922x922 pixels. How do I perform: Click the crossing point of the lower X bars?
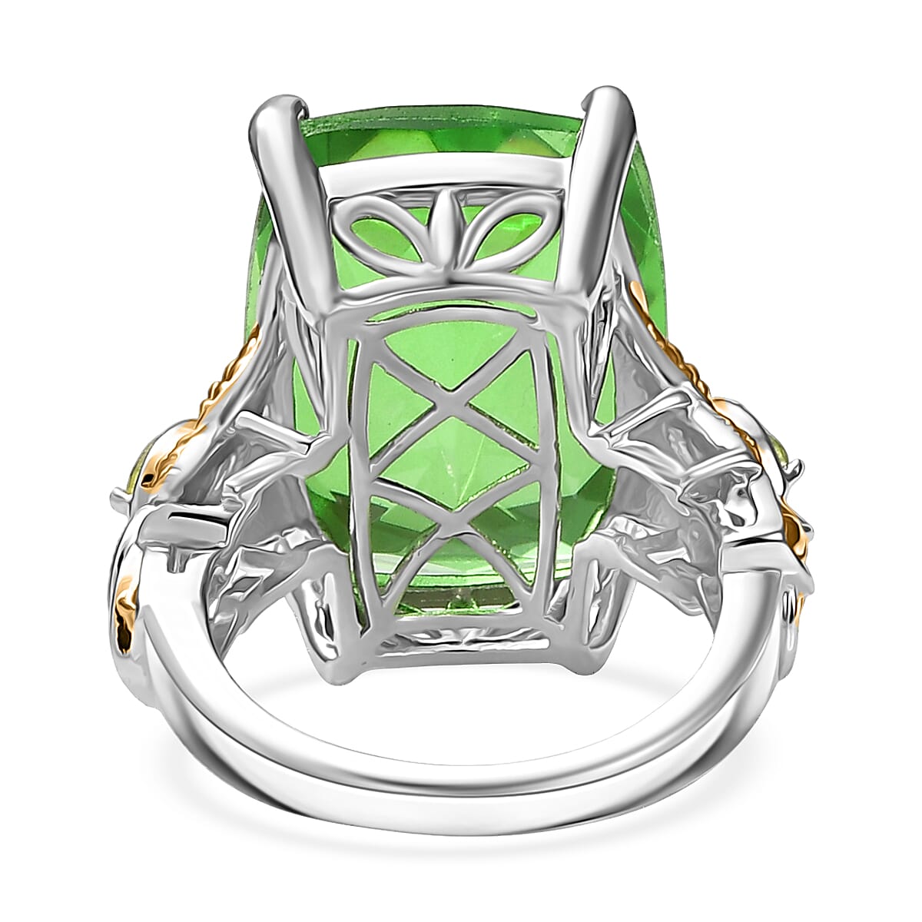click(449, 529)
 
